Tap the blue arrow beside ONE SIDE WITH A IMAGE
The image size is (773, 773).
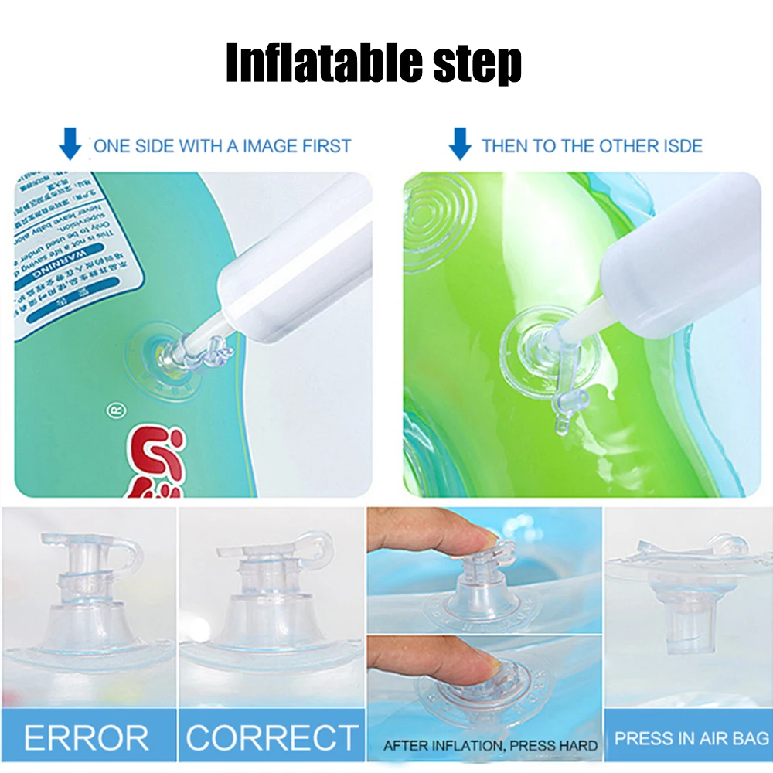pos(70,145)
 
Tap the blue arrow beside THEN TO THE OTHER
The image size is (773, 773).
pos(460,145)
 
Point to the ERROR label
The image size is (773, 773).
pos(86,737)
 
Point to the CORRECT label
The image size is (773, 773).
pos(272,737)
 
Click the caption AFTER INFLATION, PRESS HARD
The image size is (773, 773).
pos(490,746)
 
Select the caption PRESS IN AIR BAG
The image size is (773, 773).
pos(691,737)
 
